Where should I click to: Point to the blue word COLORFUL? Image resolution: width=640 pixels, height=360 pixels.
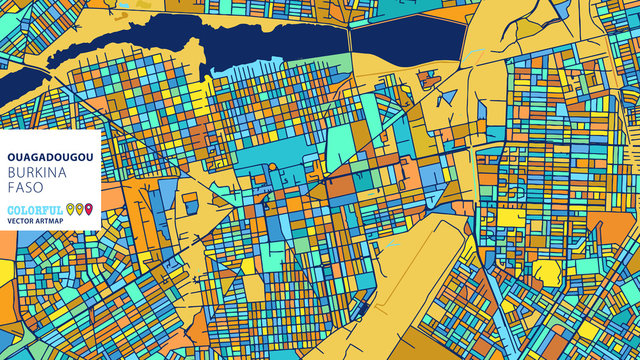(34, 210)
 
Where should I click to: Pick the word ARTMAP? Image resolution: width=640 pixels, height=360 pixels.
(55, 223)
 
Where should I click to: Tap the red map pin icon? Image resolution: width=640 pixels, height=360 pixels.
(89, 209)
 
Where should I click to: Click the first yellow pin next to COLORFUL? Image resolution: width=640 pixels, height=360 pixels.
(71, 209)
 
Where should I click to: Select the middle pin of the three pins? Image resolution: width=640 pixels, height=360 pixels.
(80, 209)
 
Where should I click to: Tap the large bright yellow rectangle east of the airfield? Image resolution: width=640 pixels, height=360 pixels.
(512, 217)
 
